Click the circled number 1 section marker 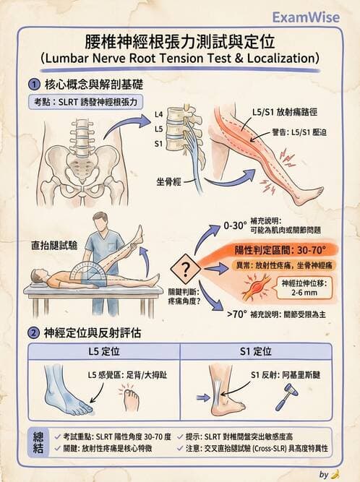click(x=34, y=85)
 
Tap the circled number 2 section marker click(x=34, y=332)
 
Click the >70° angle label click(x=236, y=314)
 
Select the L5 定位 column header click(x=102, y=352)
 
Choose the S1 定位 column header click(x=257, y=352)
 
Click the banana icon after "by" click(x=335, y=474)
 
